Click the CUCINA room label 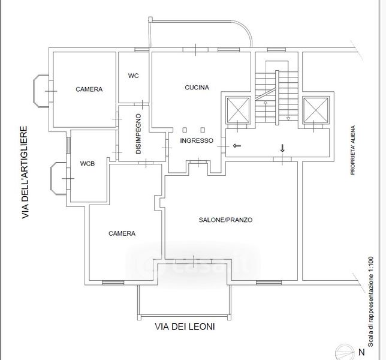[x=197, y=88]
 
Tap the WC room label [x=134, y=76]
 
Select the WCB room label [x=88, y=163]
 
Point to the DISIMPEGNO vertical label [x=138, y=134]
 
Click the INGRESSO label [x=197, y=141]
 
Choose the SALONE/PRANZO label [x=225, y=220]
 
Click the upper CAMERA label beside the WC [x=89, y=89]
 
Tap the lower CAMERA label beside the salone [x=122, y=233]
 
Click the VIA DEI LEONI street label [x=185, y=328]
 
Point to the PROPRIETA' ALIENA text [x=354, y=150]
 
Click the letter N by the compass [x=361, y=352]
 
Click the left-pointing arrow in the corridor [x=237, y=145]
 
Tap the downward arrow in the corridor [x=282, y=148]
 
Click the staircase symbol [x=276, y=96]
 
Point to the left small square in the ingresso [x=186, y=130]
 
